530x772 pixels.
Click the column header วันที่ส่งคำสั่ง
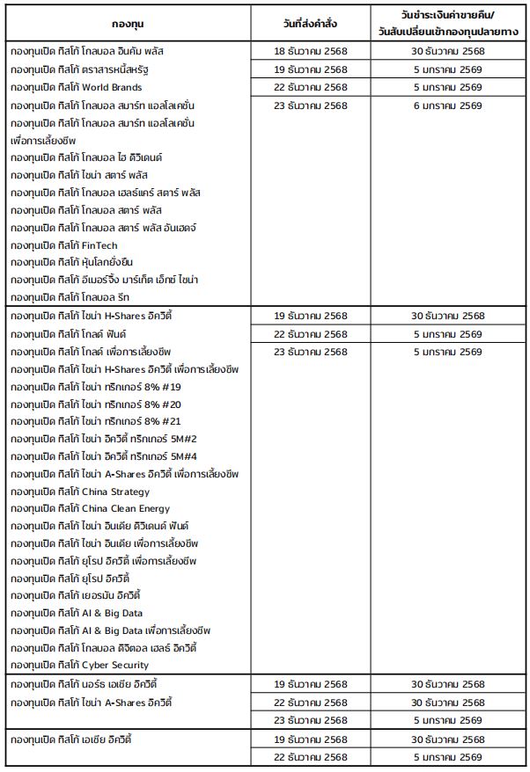pos(310,23)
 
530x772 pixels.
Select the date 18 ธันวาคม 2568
pos(310,51)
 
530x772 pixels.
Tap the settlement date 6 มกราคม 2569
pos(447,106)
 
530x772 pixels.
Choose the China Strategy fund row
pos(80,492)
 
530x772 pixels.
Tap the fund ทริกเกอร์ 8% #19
pos(96,387)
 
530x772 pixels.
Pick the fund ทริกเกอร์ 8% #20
pos(96,404)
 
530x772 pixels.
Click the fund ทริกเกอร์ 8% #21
pos(96,422)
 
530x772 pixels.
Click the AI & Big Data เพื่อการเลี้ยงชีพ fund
pos(110,630)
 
